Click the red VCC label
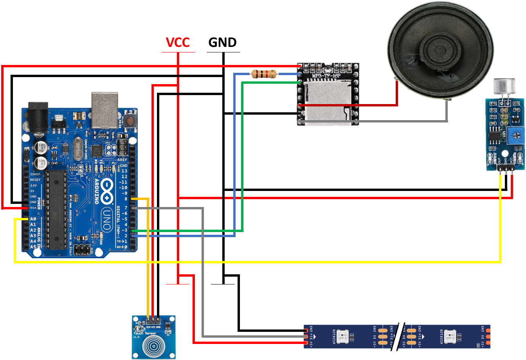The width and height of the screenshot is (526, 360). [x=178, y=42]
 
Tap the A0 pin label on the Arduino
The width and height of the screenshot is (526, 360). [x=33, y=219]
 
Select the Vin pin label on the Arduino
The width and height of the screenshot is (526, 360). [x=33, y=207]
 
